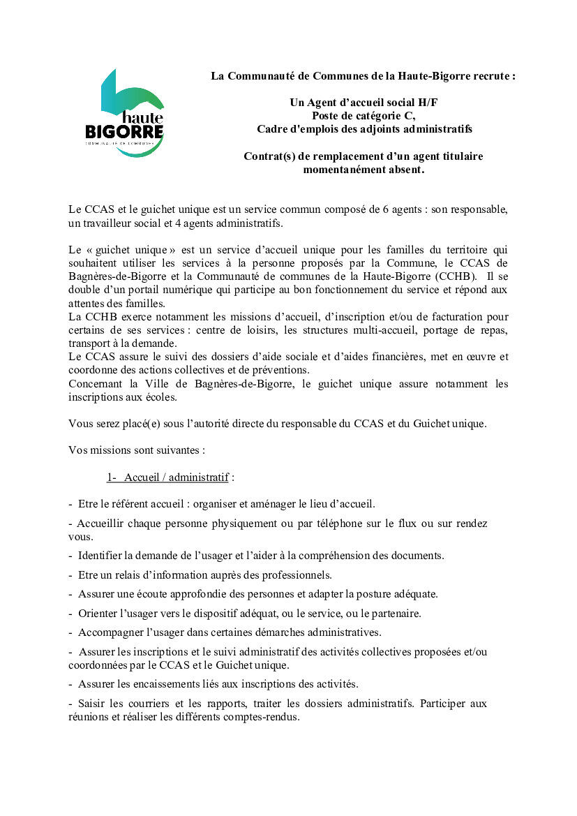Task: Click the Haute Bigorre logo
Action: pyautogui.click(x=124, y=112)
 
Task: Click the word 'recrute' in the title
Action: pyautogui.click(x=494, y=75)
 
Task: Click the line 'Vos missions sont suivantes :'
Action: pyautogui.click(x=137, y=450)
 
